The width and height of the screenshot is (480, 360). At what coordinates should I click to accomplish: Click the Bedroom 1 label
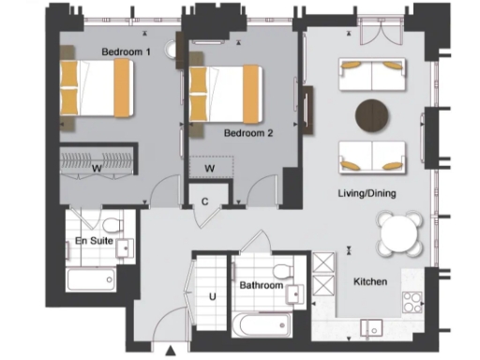pyautogui.click(x=127, y=52)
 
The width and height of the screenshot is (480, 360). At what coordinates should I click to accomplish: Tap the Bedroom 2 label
pyautogui.click(x=248, y=133)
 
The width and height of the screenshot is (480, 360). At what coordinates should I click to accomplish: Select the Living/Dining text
pyautogui.click(x=366, y=194)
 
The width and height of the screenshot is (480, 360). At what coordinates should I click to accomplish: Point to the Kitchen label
pyautogui.click(x=370, y=280)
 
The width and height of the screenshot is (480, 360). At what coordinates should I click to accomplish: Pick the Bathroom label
pyautogui.click(x=261, y=285)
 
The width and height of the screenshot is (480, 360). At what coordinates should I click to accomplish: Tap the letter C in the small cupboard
pyautogui.click(x=205, y=201)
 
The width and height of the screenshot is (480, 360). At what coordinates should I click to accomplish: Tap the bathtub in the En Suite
pyautogui.click(x=92, y=279)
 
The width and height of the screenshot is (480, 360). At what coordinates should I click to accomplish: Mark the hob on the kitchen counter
pyautogui.click(x=412, y=302)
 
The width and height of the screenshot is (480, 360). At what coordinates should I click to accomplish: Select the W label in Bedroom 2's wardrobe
pyautogui.click(x=210, y=168)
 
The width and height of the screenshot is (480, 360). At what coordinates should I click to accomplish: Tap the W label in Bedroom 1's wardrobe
pyautogui.click(x=97, y=169)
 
